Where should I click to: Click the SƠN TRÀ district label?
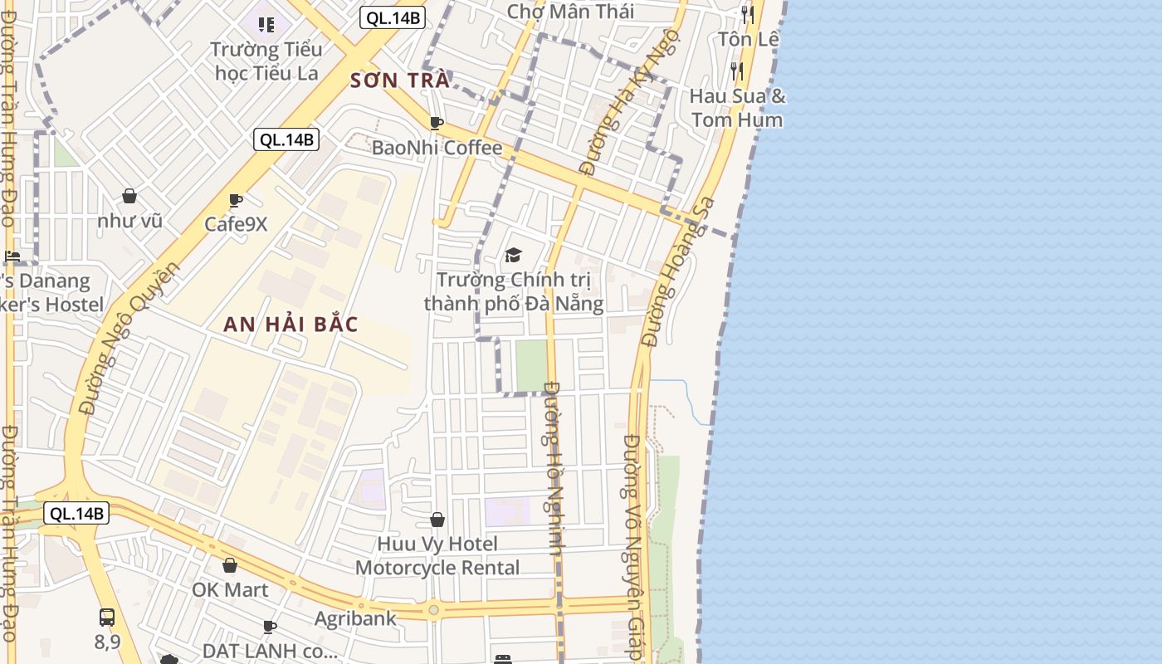[x=400, y=81]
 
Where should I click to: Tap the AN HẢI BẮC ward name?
[x=290, y=325]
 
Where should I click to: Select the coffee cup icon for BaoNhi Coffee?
[x=437, y=124]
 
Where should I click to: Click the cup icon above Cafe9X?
[x=236, y=200]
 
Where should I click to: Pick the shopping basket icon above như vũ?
[x=129, y=196]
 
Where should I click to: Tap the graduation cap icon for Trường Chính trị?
[x=513, y=255]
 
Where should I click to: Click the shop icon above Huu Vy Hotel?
[x=437, y=520]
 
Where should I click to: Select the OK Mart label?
[x=230, y=590]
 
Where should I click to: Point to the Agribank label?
[x=355, y=618]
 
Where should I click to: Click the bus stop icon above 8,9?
[x=107, y=618]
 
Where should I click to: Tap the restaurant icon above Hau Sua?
[x=737, y=71]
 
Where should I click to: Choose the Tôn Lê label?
[x=749, y=39]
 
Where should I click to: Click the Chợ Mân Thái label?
[x=570, y=12]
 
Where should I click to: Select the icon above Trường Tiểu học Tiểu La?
[x=266, y=25]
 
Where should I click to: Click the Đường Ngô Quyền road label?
[x=129, y=339]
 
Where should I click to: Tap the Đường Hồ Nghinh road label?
[x=554, y=469]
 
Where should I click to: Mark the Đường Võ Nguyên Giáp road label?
[x=635, y=548]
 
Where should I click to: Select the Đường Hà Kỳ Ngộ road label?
[x=627, y=104]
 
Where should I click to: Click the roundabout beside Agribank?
[x=433, y=612]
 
